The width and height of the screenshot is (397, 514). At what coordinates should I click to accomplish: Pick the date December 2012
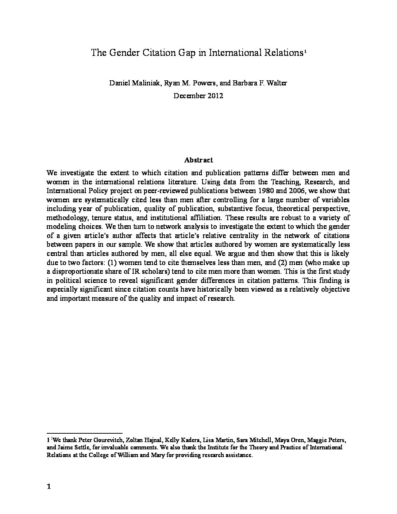tap(198, 96)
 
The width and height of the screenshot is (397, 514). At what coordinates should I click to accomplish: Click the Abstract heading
tap(198, 160)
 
